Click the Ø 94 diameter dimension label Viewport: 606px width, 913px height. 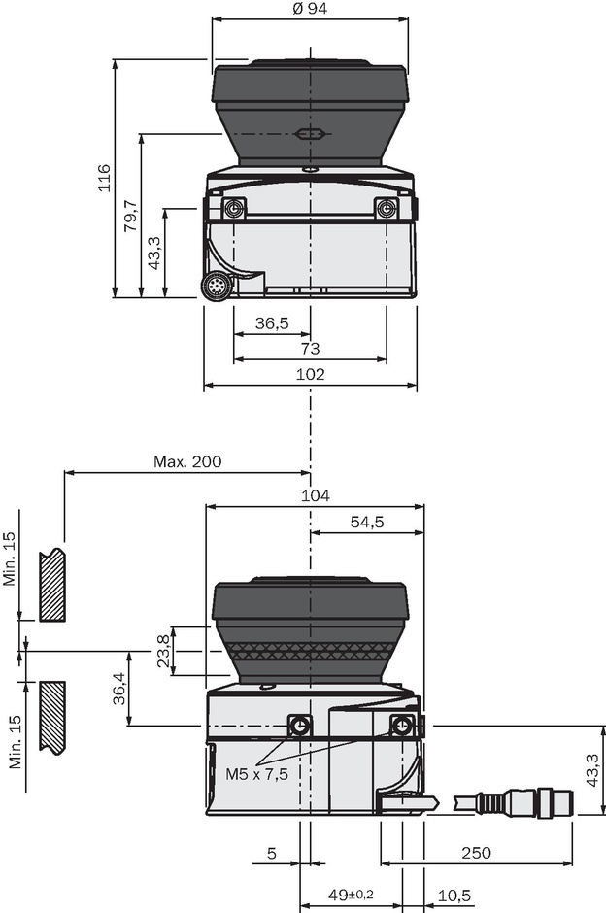tap(310, 9)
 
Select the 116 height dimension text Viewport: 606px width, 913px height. tap(104, 178)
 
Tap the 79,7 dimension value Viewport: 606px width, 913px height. tap(130, 216)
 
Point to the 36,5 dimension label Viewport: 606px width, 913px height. tap(272, 322)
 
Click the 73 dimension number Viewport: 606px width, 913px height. tap(310, 348)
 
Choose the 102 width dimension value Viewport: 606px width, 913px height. tap(310, 374)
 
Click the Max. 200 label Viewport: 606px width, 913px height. tap(187, 461)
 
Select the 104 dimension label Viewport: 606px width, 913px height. tap(316, 495)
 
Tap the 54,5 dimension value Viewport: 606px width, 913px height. tap(367, 522)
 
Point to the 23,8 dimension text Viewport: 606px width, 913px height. tap(163, 651)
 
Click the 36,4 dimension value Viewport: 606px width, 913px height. tap(118, 689)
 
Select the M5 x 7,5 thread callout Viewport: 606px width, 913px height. tap(256, 774)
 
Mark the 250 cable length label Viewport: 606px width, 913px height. tap(476, 853)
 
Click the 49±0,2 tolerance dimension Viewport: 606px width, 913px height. tap(351, 895)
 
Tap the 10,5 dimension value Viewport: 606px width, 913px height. tap(454, 895)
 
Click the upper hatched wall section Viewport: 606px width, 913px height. tap(51, 583)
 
